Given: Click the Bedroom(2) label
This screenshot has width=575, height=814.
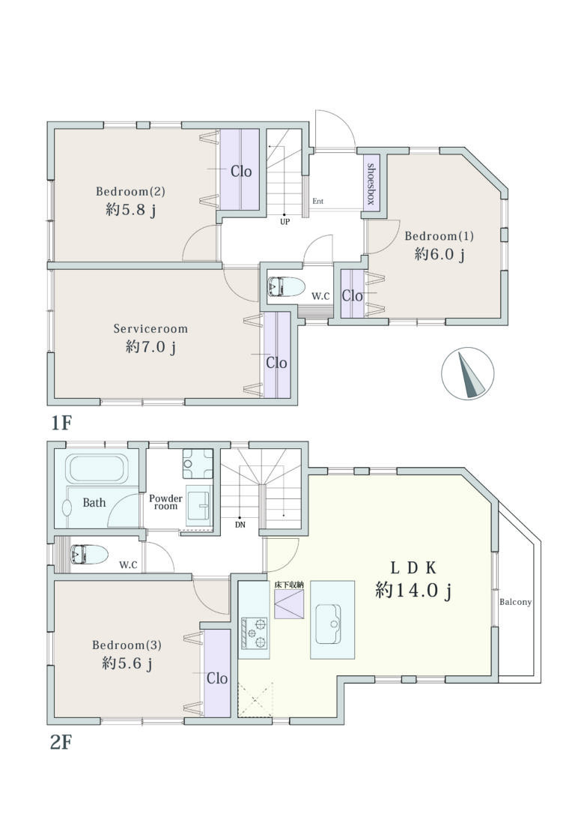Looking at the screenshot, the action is coord(130,191).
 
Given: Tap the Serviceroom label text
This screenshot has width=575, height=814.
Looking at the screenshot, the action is coord(150,328).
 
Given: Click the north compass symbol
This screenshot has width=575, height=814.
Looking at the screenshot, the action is coord(468,373).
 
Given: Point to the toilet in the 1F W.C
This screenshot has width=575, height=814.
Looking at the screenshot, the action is coord(286,286).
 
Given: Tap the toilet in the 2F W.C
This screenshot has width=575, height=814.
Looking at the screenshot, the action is coord(89,555).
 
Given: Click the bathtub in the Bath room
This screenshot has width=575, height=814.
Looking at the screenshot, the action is coord(97,468).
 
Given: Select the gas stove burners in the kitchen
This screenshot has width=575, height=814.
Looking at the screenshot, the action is coord(254,633).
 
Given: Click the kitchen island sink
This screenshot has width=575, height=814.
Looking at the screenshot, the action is coord(329,624).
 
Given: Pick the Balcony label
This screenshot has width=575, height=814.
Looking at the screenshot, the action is coord(515,602).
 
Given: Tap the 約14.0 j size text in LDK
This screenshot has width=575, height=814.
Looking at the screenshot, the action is coord(413,590).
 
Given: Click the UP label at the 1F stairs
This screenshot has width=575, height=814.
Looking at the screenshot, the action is coord(285,221).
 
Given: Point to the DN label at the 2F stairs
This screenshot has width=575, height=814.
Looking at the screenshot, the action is coord(240,525).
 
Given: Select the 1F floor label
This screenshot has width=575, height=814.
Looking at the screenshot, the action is coord(60,423).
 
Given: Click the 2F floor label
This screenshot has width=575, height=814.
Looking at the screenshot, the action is coord(60,743).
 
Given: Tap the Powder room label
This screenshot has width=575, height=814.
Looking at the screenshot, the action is coord(166,502).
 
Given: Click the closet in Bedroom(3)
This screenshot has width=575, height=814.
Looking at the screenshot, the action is coord(216,673).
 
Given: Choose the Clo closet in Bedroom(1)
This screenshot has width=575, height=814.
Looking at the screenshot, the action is coord(353,294).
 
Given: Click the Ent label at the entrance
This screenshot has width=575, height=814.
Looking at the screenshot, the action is coord(318,201).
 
